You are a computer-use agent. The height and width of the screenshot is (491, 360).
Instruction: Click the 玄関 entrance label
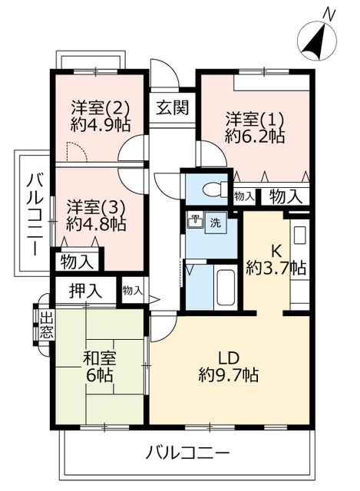(x=173, y=107)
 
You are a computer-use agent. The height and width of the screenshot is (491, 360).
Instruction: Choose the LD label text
(x=231, y=357)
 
